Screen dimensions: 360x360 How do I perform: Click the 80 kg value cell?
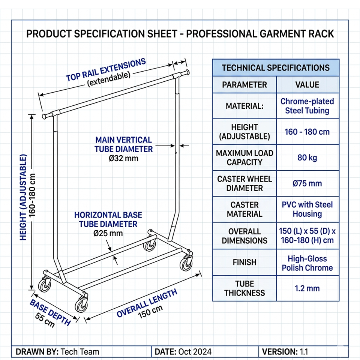pyautogui.click(x=307, y=157)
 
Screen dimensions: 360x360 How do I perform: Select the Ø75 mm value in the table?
pyautogui.click(x=307, y=183)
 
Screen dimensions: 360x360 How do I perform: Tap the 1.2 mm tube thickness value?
pyautogui.click(x=307, y=288)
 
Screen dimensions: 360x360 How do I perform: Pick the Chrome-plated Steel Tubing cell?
pyautogui.click(x=307, y=106)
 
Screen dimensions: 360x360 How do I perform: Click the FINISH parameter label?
pyautogui.click(x=244, y=262)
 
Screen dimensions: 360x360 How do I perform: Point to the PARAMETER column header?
pyautogui.click(x=244, y=85)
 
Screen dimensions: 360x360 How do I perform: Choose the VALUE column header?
pyautogui.click(x=307, y=85)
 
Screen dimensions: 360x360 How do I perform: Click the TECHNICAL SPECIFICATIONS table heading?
pyautogui.click(x=276, y=68)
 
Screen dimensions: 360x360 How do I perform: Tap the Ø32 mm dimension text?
pyautogui.click(x=124, y=158)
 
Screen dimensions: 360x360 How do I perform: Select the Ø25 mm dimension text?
pyautogui.click(x=108, y=233)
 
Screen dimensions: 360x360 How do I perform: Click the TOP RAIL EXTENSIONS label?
pyautogui.click(x=106, y=69)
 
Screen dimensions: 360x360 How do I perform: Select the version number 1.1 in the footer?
pyautogui.click(x=304, y=352)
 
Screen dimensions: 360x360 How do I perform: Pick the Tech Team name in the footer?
pyautogui.click(x=80, y=352)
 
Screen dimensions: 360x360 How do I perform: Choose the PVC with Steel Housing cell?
pyautogui.click(x=307, y=209)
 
